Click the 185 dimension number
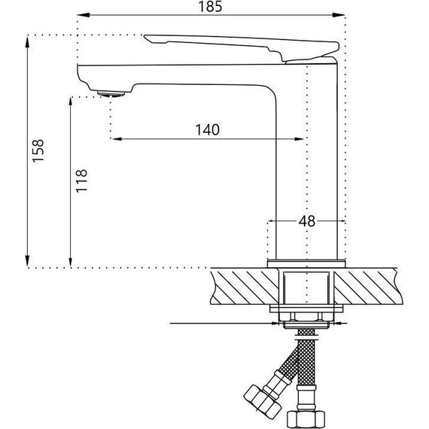click(210, 6)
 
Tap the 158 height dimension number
click(38, 151)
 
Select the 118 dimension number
click(81, 181)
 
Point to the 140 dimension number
click(208, 129)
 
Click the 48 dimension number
click(307, 221)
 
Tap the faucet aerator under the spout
click(111, 94)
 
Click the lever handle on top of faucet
click(242, 47)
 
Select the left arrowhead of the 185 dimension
click(84, 15)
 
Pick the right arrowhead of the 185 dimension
click(339, 15)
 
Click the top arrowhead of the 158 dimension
click(27, 42)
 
